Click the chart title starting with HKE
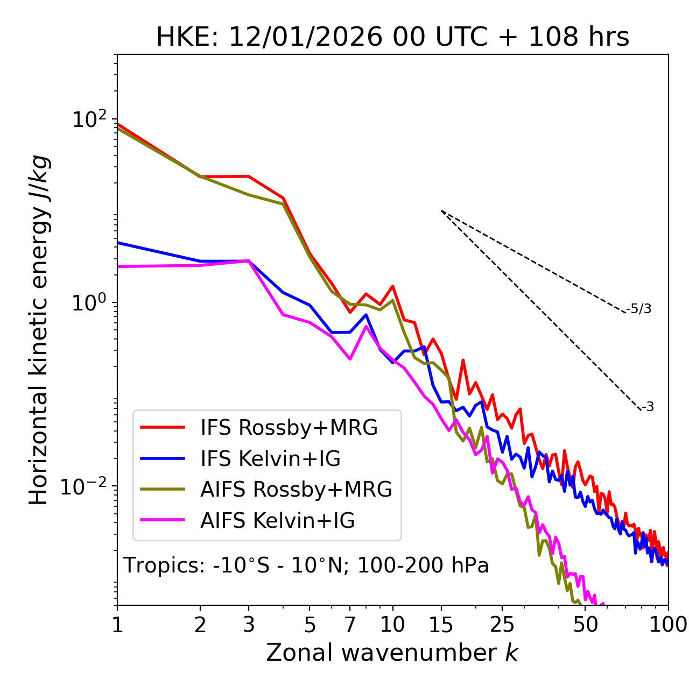(x=392, y=38)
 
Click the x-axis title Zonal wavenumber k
(x=392, y=653)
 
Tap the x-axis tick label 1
(x=117, y=625)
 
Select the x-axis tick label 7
(x=350, y=625)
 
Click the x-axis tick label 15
(x=441, y=625)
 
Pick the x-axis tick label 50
(x=586, y=625)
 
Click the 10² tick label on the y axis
(x=89, y=119)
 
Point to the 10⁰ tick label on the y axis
(x=89, y=303)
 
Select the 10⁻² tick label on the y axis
(x=86, y=486)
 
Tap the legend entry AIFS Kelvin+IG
(x=277, y=521)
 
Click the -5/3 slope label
(x=639, y=309)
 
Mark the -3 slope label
(x=648, y=407)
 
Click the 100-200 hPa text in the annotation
(x=423, y=566)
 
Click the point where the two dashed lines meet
(x=441, y=211)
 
